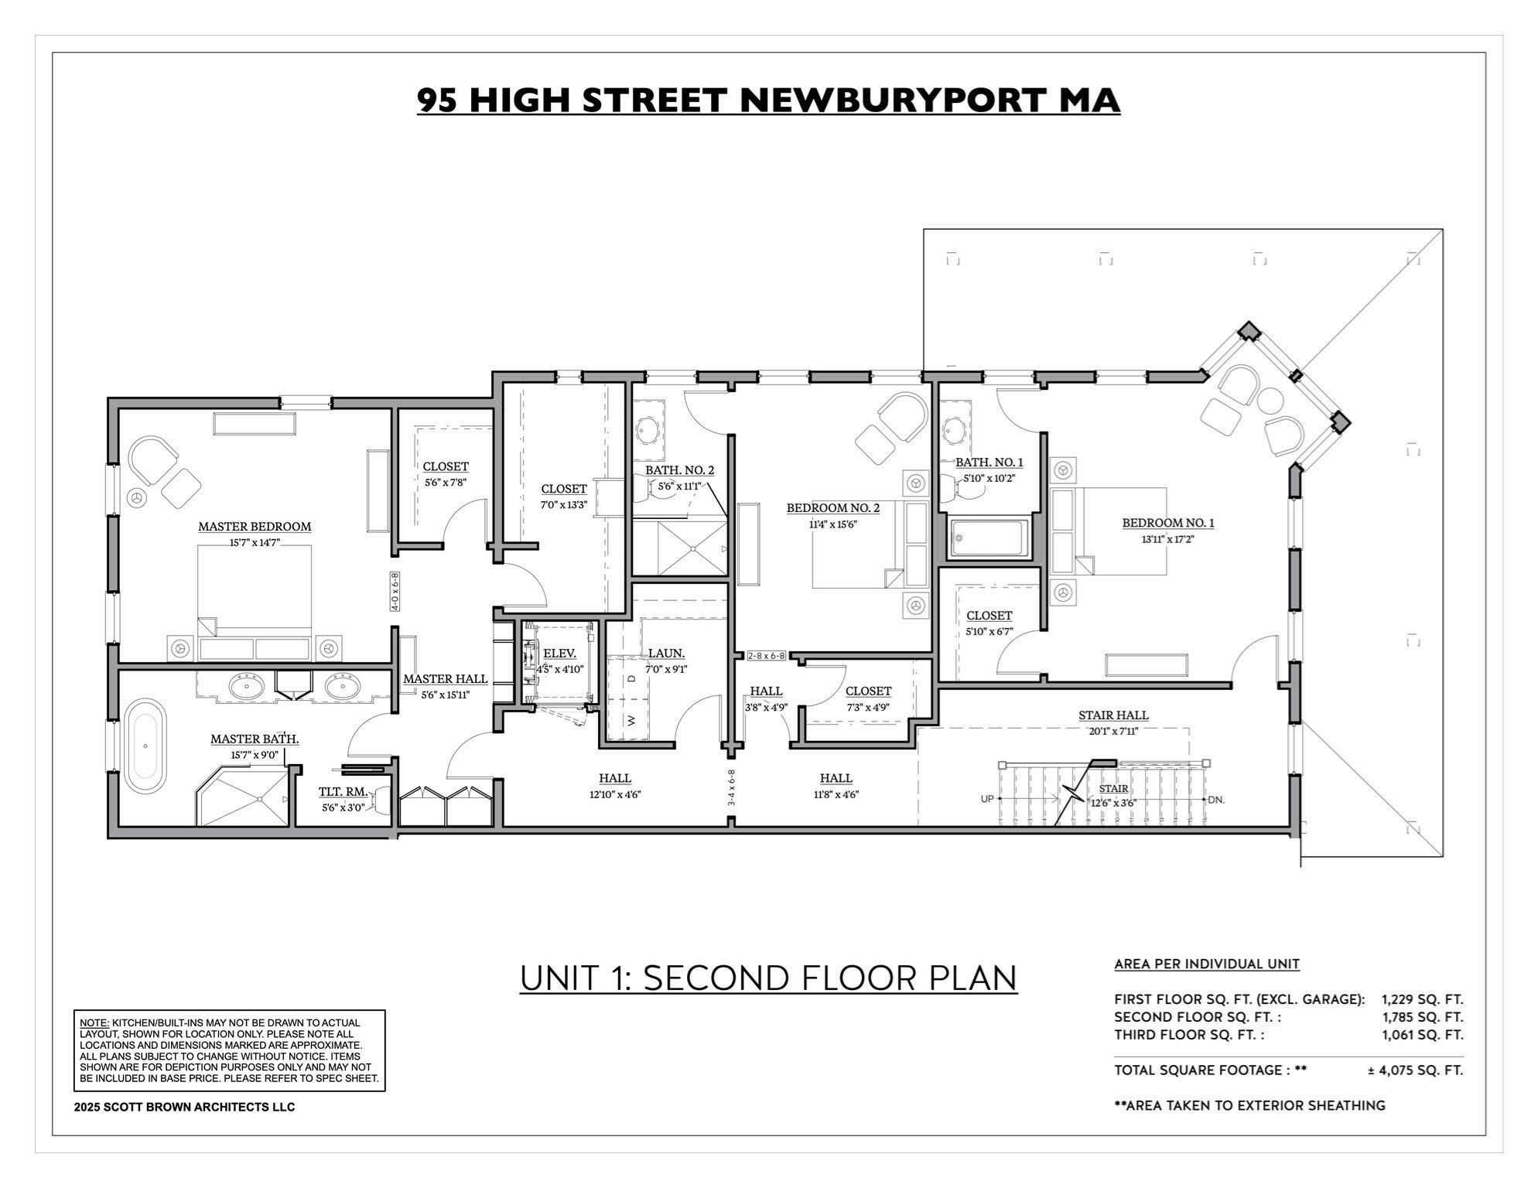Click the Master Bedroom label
[x=255, y=527]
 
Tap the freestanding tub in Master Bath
[x=145, y=746]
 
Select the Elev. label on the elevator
[x=559, y=654]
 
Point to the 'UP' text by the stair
[x=987, y=799]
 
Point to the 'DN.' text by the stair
[x=1216, y=800]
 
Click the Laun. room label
[x=666, y=654]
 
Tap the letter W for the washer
[x=631, y=720]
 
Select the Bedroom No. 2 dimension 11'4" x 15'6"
[x=833, y=524]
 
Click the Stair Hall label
[x=1113, y=715]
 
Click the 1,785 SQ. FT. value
[x=1423, y=1017]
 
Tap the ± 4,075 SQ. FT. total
[x=1415, y=1070]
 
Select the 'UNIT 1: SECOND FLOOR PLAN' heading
[x=768, y=978]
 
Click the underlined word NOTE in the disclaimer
[x=94, y=1022]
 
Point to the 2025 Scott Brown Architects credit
[x=184, y=1107]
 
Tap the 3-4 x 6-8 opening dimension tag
[x=731, y=787]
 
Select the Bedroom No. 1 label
[x=1167, y=523]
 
